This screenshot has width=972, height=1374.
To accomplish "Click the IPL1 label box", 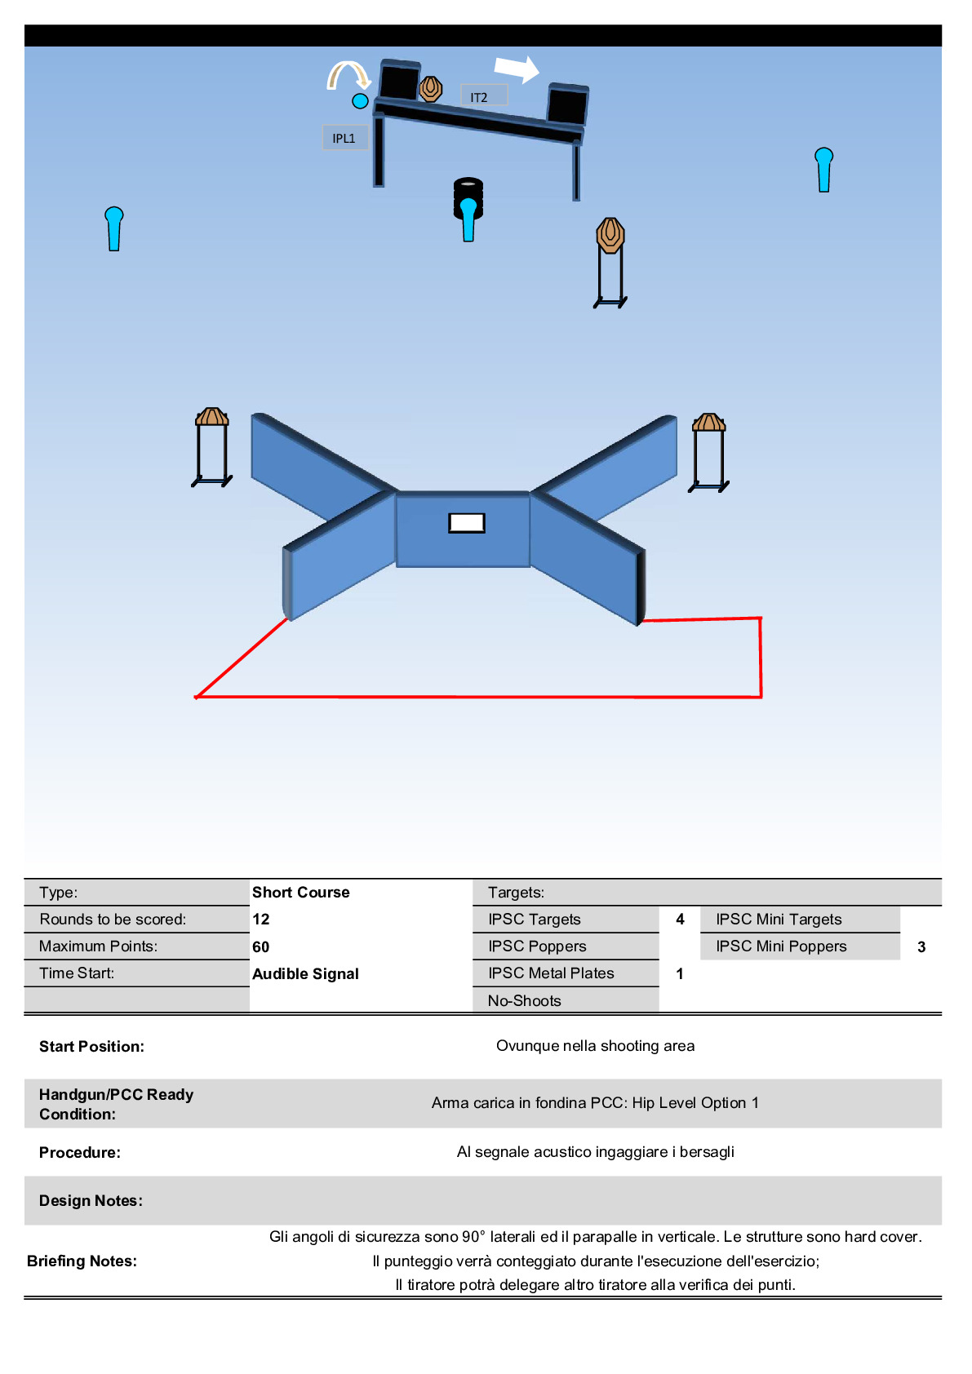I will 344,138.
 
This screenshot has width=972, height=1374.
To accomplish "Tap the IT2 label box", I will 483,96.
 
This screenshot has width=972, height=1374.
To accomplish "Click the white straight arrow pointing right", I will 517,69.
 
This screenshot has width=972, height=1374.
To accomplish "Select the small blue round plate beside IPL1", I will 360,101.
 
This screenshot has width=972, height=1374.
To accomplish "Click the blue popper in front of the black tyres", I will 468,218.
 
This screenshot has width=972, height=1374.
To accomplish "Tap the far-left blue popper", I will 114,228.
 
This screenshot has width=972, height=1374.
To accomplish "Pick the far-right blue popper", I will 823,169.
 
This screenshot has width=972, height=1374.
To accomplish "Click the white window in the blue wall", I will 467,522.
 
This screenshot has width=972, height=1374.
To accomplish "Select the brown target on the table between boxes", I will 431,88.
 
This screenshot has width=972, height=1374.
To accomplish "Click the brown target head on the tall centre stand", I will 610,235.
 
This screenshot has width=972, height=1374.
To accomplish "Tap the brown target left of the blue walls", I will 212,417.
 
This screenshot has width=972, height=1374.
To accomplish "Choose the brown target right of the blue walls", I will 708,423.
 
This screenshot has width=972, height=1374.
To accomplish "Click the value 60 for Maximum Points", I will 261,946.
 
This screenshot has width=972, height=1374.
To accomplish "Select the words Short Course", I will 301,892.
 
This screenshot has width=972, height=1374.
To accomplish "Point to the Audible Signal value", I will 306,973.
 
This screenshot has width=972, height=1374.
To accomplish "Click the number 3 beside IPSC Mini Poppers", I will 921,946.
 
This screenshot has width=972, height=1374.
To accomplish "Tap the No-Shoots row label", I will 525,1000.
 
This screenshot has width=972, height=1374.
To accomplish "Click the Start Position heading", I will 91,1046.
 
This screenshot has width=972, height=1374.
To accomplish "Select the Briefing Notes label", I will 82,1261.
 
